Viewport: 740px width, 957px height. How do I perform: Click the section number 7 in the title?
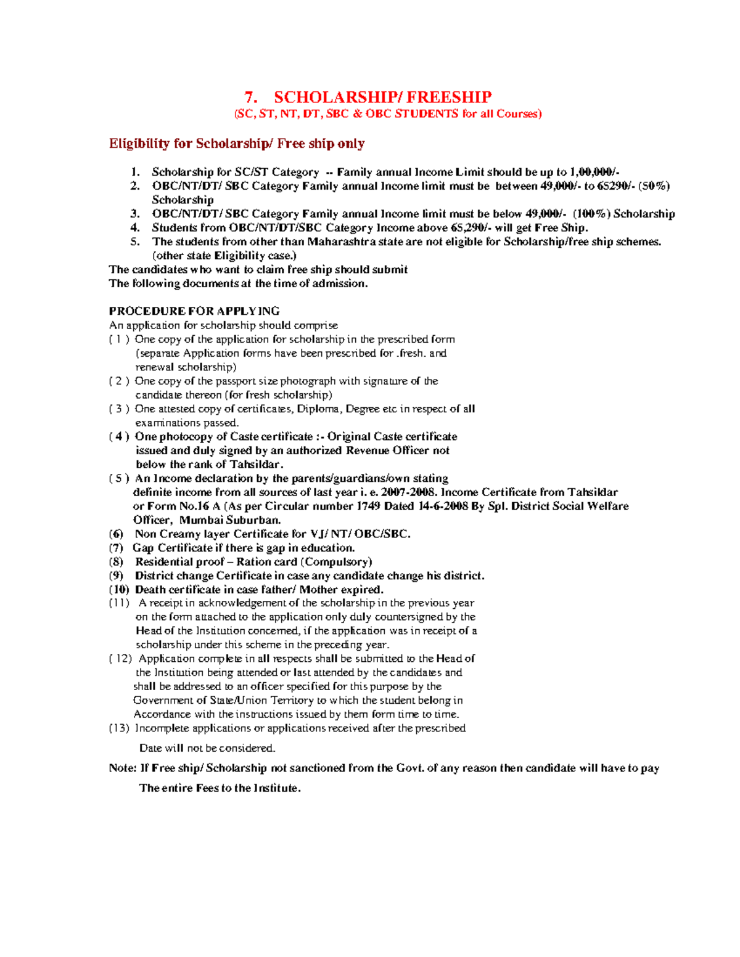(249, 97)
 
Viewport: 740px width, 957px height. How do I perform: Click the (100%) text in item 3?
(591, 214)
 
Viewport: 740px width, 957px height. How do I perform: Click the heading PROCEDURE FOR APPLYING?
(194, 311)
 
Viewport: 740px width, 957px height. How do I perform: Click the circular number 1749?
(355, 506)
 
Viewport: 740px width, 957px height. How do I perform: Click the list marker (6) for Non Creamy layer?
(116, 534)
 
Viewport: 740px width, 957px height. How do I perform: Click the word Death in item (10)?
(150, 589)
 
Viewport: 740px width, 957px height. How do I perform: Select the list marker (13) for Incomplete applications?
(119, 728)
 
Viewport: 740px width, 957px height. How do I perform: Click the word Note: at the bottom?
(122, 768)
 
